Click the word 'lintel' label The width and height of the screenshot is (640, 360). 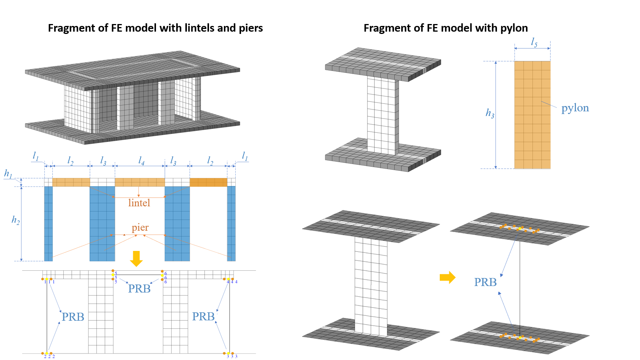coord(139,203)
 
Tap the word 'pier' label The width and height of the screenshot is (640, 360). coord(140,228)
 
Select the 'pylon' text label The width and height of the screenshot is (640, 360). coord(575,108)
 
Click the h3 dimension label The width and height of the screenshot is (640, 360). coord(490,113)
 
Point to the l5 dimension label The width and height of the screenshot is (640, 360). coord(534,43)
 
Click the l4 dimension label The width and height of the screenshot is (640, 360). coord(141,161)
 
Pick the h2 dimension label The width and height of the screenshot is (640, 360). coord(15,220)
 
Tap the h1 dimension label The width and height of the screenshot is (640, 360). coord(8,174)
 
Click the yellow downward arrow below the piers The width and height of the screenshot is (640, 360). coord(136,259)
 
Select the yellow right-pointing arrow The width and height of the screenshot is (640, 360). coord(447,277)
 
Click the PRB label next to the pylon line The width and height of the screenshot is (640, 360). coord(485,282)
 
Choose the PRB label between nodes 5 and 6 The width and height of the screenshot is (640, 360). coord(139,289)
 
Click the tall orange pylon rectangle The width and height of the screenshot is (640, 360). coord(532,115)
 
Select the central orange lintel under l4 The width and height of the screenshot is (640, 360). coord(140,182)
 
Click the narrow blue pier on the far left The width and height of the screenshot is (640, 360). coord(48,223)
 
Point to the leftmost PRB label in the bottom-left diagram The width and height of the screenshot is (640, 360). coord(73,317)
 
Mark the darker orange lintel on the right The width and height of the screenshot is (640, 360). coord(208,182)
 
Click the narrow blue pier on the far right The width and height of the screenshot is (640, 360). coord(231,223)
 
